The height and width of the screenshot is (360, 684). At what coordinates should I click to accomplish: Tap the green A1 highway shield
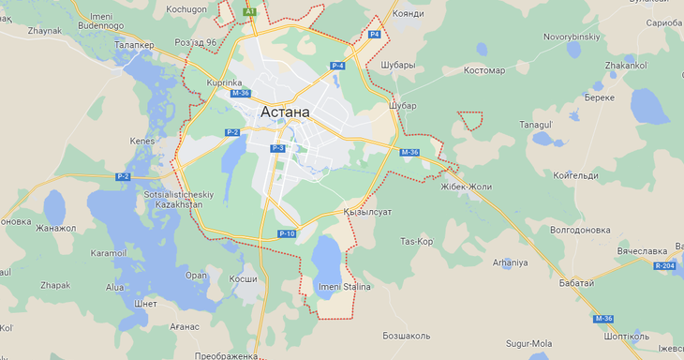[x=249, y=11]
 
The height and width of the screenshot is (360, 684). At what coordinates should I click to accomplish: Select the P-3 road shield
[x=277, y=148]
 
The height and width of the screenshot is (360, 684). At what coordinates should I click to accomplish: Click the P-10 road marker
[x=287, y=233]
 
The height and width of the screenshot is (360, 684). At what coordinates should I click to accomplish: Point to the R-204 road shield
[x=665, y=266]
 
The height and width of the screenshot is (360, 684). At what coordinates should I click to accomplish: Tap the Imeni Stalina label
[x=345, y=286]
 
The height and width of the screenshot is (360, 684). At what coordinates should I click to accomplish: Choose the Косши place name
[x=243, y=279]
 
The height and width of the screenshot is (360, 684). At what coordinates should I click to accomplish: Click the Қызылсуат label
[x=367, y=212]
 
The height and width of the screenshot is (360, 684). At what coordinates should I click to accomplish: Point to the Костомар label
[x=483, y=70]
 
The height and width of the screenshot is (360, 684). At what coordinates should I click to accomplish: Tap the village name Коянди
[x=409, y=13]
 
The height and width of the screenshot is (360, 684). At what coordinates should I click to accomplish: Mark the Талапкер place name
[x=134, y=44]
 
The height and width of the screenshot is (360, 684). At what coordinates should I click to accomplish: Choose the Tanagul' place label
[x=538, y=124]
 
